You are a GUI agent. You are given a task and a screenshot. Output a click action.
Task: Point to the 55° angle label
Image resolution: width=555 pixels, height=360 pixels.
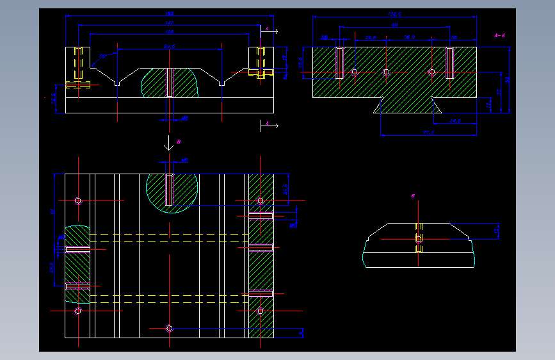coord(102,56)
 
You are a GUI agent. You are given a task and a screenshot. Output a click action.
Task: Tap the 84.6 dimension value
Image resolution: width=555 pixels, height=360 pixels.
coord(170,46)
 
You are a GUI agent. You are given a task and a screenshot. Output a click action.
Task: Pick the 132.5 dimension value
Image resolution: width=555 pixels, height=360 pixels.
coord(394,14)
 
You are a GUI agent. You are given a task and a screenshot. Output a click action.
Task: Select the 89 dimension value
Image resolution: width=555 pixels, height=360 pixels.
coord(395,25)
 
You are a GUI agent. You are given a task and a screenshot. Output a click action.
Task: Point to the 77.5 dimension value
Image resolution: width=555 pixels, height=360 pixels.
coord(428,132)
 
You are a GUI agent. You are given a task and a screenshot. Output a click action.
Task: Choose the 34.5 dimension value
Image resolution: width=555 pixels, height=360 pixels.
coord(455,120)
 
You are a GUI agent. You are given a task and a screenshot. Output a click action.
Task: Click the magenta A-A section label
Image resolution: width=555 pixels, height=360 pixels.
coord(499,36)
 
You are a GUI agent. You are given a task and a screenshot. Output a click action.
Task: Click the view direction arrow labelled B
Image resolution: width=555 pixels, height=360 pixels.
coord(168,144)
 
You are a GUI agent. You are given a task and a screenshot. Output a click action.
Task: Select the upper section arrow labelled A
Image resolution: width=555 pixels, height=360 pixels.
coord(269,29)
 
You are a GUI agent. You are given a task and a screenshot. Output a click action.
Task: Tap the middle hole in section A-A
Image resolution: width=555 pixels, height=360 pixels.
coord(386,72)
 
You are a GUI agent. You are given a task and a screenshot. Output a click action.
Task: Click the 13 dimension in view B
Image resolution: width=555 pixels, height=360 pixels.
coord(496,230)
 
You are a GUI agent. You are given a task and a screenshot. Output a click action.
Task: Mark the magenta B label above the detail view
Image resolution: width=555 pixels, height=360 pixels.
coord(413,195)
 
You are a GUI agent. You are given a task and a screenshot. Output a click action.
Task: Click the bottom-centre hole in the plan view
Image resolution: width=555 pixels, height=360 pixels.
coord(169,328)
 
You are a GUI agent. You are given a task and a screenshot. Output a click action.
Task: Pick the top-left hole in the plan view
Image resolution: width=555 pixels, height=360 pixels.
coord(78,200)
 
